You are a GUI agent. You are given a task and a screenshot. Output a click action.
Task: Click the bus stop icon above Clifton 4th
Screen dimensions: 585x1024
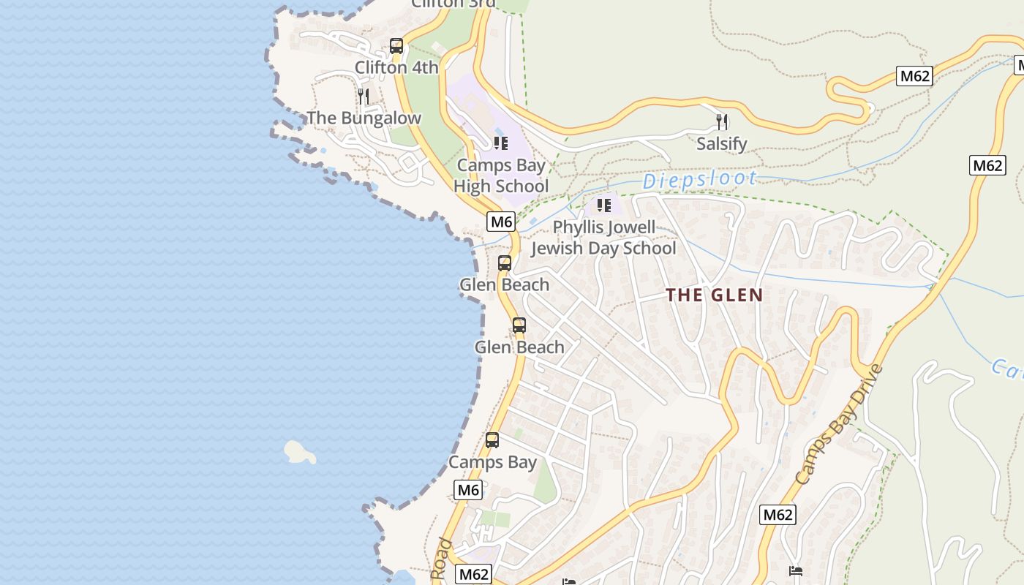pyautogui.click(x=396, y=46)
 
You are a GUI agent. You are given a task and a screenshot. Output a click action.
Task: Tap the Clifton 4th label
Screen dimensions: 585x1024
pyautogui.click(x=396, y=67)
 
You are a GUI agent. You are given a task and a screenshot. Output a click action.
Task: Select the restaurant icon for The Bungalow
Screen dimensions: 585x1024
pyautogui.click(x=364, y=97)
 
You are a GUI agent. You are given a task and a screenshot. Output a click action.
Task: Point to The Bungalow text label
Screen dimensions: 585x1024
pyautogui.click(x=364, y=118)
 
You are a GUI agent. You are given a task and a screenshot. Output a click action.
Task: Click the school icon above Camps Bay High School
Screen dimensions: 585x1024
pyautogui.click(x=500, y=143)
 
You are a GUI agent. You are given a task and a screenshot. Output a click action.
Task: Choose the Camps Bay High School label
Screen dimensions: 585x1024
pyautogui.click(x=501, y=175)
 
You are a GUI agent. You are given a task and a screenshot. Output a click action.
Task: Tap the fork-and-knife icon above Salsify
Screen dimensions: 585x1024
pyautogui.click(x=722, y=121)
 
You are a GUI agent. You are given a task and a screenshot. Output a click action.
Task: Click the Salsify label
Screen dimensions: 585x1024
pyautogui.click(x=722, y=143)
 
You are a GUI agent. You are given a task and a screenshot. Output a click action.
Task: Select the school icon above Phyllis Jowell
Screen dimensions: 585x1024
pyautogui.click(x=603, y=205)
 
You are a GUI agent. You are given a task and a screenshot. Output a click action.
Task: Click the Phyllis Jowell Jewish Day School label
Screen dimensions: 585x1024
pyautogui.click(x=603, y=238)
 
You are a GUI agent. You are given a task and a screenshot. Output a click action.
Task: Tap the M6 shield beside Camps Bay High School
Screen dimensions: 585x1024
pyautogui.click(x=502, y=221)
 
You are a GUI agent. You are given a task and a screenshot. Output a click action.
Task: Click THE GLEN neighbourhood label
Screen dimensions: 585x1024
pyautogui.click(x=714, y=295)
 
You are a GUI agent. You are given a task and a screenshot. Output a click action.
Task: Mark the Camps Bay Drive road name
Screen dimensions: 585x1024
pyautogui.click(x=839, y=424)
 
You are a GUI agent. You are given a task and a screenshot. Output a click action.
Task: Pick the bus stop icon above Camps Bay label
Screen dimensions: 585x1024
pyautogui.click(x=492, y=440)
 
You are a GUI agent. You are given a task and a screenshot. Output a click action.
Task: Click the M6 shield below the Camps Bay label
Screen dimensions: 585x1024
pyautogui.click(x=468, y=490)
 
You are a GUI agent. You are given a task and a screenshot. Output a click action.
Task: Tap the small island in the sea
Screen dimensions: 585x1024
pyautogui.click(x=299, y=452)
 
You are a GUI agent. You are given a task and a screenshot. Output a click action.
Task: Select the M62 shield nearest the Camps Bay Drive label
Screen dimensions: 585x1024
pyautogui.click(x=777, y=515)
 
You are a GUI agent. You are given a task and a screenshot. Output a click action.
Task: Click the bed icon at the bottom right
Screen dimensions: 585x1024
pyautogui.click(x=796, y=570)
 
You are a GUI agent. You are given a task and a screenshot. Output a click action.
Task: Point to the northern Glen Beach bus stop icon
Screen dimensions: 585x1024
pyautogui.click(x=505, y=263)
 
